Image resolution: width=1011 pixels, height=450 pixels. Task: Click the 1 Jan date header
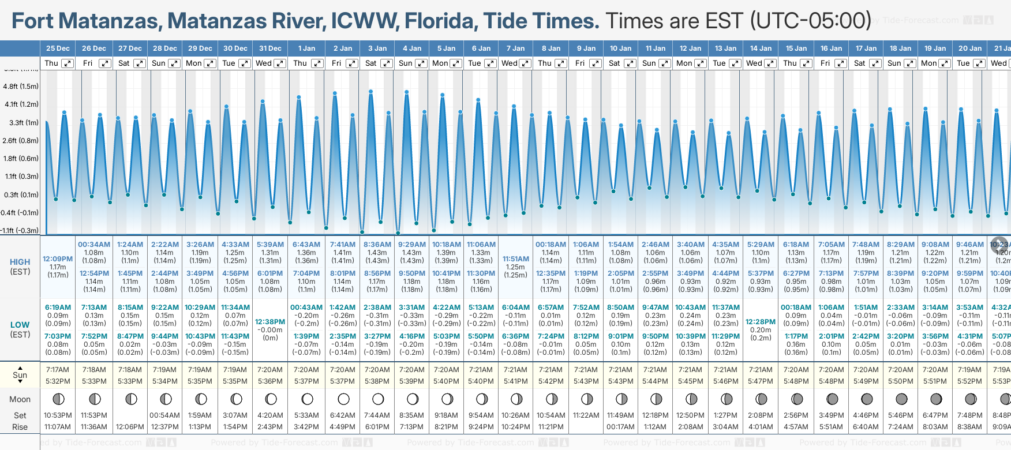tap(306, 48)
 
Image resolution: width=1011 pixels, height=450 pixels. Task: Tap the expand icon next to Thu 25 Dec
tap(68, 63)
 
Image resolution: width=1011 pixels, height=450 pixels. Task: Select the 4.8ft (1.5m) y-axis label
tap(21, 87)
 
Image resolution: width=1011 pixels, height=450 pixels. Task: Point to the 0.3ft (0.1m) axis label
tap(21, 195)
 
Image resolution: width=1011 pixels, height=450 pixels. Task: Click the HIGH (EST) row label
tap(20, 267)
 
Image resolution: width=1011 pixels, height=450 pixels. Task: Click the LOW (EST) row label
tap(20, 329)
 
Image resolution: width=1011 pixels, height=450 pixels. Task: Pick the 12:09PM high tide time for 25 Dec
tap(58, 259)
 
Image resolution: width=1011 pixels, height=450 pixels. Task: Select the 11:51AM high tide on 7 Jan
tap(515, 259)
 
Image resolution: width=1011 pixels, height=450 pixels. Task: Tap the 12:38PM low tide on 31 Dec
tap(270, 322)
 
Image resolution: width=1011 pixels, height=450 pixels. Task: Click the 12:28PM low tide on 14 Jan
tap(761, 322)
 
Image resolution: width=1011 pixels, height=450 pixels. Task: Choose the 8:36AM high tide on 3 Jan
tap(377, 245)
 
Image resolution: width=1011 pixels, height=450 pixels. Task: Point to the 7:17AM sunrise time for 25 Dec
tap(58, 370)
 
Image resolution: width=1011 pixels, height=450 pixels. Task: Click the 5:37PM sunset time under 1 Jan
tap(306, 381)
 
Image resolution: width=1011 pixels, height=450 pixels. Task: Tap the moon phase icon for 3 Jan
tap(377, 399)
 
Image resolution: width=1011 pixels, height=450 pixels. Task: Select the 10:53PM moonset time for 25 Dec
tap(58, 415)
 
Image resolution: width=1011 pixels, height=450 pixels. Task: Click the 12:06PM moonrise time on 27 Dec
tap(130, 427)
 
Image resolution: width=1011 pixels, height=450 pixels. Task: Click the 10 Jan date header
tap(621, 48)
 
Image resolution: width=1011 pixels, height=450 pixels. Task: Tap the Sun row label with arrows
tap(20, 375)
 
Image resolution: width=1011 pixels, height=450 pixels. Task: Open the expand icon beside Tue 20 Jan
tap(979, 63)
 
